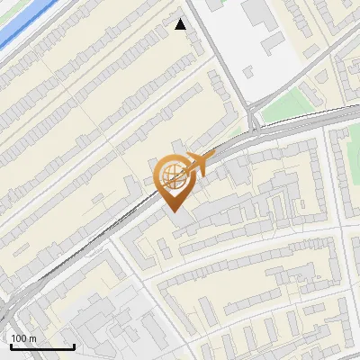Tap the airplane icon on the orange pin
click(x=198, y=164)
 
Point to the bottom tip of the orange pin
click(x=174, y=211)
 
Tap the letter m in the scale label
click(x=33, y=338)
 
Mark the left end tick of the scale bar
click(x=10, y=346)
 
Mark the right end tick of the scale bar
click(x=75, y=346)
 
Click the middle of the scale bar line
click(x=42, y=347)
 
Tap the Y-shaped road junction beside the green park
click(x=254, y=115)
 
